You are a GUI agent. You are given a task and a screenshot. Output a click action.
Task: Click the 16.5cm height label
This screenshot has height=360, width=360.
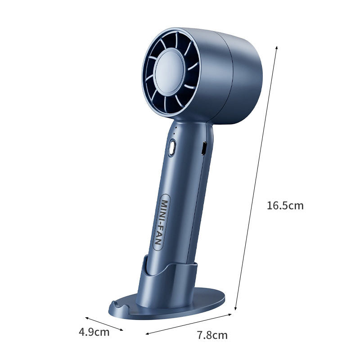point(285,206)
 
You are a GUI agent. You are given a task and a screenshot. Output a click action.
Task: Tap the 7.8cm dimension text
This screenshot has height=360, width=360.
point(212,335)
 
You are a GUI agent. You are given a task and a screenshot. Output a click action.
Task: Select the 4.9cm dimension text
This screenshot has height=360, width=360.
point(94,332)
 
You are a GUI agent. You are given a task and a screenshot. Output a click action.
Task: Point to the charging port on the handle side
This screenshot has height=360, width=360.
point(203,148)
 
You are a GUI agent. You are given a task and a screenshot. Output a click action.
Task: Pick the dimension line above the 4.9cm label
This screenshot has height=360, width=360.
point(104,323)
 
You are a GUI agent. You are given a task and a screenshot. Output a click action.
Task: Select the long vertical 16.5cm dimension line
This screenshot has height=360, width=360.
point(256,178)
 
